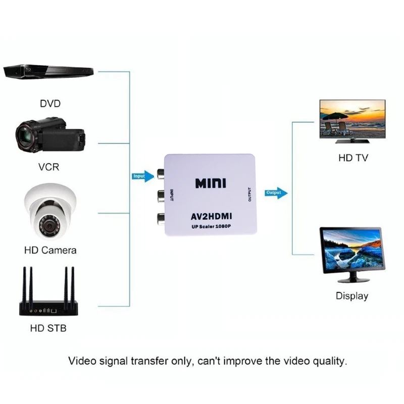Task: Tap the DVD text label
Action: [50, 104]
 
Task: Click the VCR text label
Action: [49, 167]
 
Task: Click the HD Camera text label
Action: [50, 250]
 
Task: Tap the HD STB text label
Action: [48, 328]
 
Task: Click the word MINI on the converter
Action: [211, 183]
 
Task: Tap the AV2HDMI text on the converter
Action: [210, 216]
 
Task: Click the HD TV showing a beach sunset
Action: [352, 120]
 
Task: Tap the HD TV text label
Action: [353, 158]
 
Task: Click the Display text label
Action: [352, 296]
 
